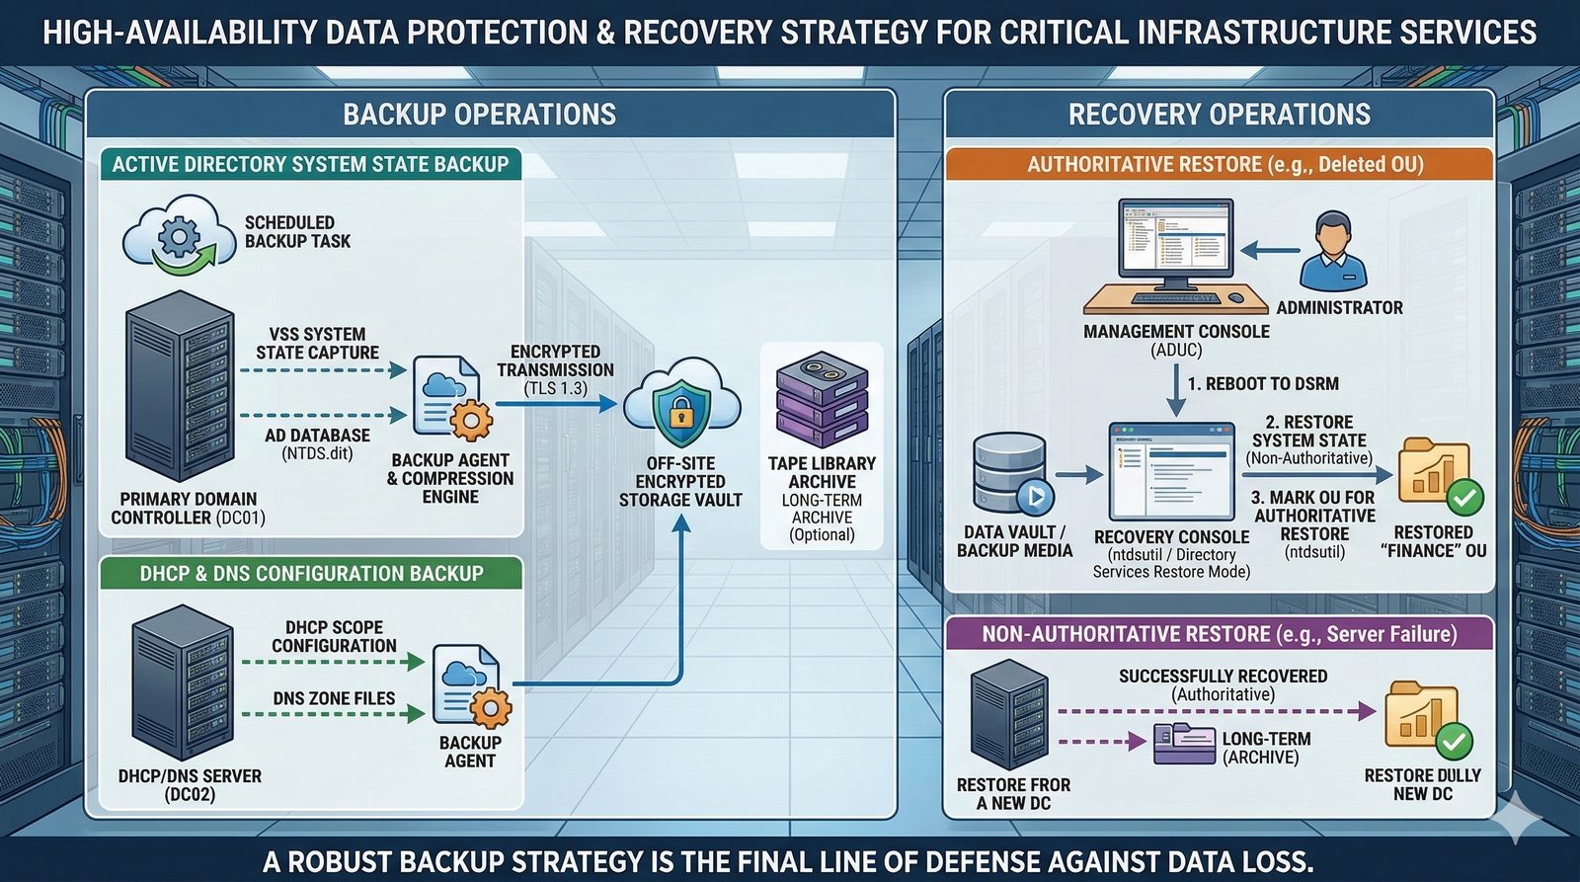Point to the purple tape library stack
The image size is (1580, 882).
tap(822, 401)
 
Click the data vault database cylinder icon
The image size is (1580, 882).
tap(1010, 471)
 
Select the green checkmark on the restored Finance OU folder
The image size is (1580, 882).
tap(1464, 497)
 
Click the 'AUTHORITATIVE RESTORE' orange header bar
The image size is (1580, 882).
tap(1219, 164)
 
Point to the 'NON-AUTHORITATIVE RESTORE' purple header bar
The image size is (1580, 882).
tap(1219, 634)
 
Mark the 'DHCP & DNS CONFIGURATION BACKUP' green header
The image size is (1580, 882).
tap(311, 574)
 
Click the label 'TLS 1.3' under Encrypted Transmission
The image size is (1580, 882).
tap(556, 388)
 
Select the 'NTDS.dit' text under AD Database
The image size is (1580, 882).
tap(317, 453)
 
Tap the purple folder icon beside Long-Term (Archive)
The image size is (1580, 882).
tap(1184, 744)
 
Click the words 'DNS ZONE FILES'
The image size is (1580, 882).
tap(334, 698)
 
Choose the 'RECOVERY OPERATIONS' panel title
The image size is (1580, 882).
tap(1219, 115)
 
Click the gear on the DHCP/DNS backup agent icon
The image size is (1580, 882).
tap(491, 708)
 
